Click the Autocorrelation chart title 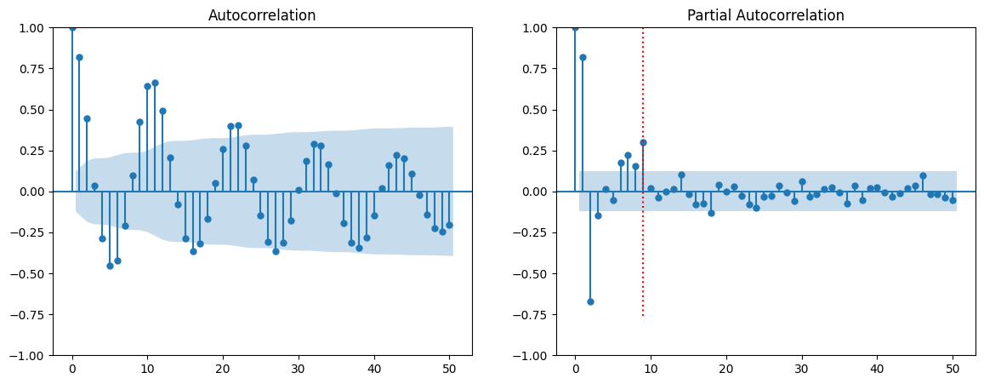tap(262, 15)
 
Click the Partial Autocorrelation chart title tap(765, 15)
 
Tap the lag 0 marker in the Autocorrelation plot tap(72, 27)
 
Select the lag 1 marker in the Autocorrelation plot tap(79, 57)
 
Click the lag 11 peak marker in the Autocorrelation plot tap(155, 83)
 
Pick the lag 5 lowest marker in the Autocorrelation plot tap(110, 266)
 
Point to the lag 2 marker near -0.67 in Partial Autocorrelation tap(590, 301)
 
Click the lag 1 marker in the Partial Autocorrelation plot tap(583, 57)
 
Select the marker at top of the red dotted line tap(643, 142)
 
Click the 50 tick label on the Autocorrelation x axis tap(449, 369)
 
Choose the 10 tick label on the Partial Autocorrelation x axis tap(651, 369)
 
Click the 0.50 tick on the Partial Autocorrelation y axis tap(536, 110)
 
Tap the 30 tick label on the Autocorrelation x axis tap(299, 369)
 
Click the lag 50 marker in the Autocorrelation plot tap(449, 225)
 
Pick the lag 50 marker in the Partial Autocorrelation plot tap(953, 200)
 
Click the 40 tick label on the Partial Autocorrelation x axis tap(877, 369)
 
